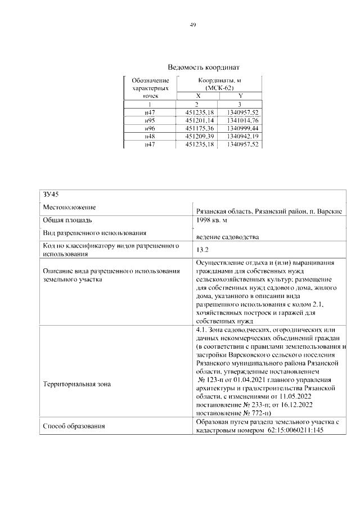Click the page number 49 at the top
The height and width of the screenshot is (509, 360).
(x=192, y=25)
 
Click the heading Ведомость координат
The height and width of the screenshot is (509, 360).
(x=192, y=67)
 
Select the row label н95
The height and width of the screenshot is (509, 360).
(x=150, y=120)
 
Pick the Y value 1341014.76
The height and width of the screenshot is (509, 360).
(x=240, y=120)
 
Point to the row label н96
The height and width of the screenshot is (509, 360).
(x=150, y=128)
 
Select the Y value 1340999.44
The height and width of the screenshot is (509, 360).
(x=240, y=128)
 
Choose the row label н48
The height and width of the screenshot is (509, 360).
(x=150, y=137)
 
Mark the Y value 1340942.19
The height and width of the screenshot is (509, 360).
(x=240, y=137)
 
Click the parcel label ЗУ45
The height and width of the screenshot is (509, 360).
(x=51, y=194)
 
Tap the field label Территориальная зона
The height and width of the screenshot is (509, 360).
(x=77, y=384)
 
